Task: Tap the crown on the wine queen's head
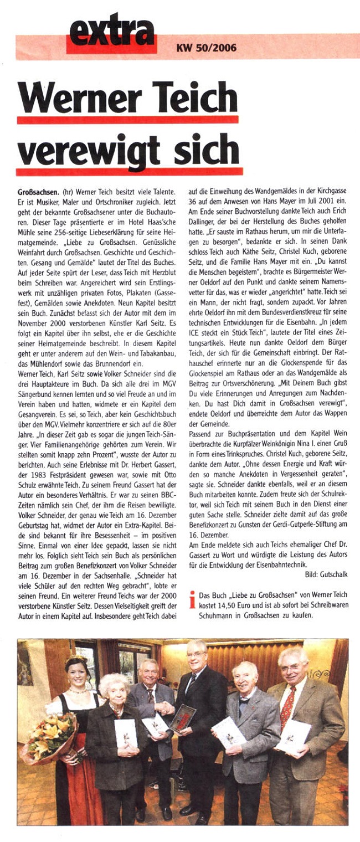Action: pos(76,661)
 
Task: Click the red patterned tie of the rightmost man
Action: pos(287,711)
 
